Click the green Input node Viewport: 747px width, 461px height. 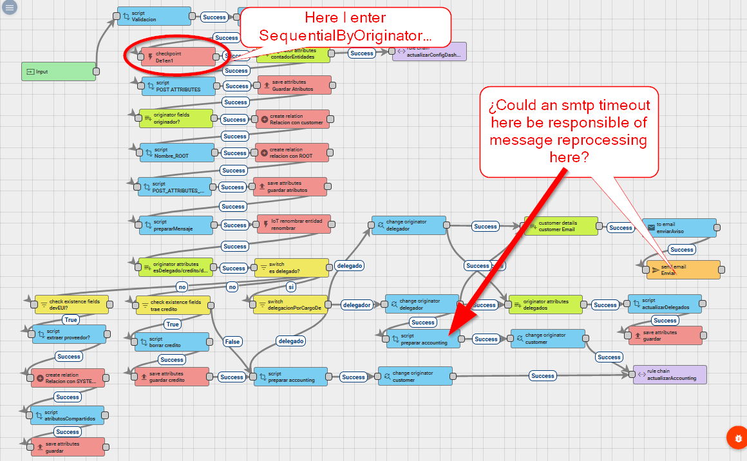pos(59,71)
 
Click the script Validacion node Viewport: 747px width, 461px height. pos(154,16)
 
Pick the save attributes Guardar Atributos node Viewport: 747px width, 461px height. pos(294,85)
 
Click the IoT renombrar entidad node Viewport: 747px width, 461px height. pos(294,224)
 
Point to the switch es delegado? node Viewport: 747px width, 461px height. pos(290,267)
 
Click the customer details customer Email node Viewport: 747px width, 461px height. pos(560,226)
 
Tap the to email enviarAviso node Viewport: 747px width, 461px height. pos(679,227)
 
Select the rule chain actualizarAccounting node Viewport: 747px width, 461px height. pos(670,375)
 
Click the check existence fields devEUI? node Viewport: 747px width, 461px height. pos(71,304)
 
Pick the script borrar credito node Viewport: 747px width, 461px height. pos(171,342)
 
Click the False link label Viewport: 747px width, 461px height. pos(232,341)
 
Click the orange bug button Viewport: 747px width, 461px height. pos(736,438)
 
